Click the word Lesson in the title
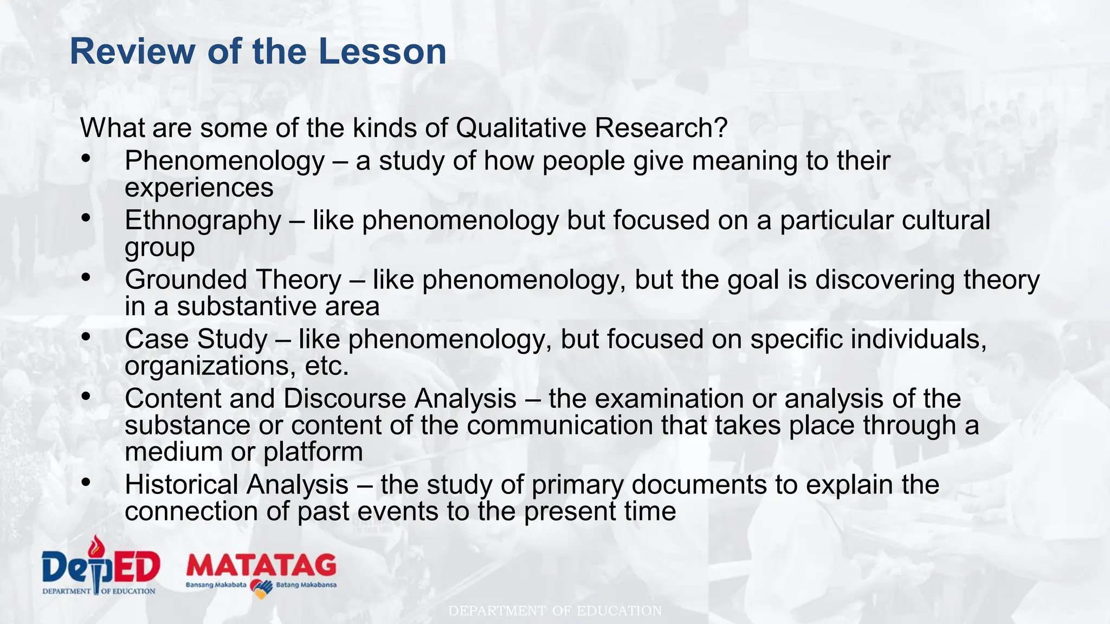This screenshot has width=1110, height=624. click(382, 51)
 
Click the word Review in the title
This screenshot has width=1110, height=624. click(132, 51)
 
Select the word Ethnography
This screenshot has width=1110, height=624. click(203, 220)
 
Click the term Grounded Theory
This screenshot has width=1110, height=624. click(233, 280)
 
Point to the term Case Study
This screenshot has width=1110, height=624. click(196, 340)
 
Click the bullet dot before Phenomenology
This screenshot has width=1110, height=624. click(86, 159)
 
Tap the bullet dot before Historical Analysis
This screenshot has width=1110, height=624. click(86, 482)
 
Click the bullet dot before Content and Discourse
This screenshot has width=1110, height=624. click(86, 396)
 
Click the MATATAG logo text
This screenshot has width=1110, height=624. click(261, 566)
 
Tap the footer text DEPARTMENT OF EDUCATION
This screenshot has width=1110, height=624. click(555, 611)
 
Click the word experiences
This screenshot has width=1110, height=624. click(199, 188)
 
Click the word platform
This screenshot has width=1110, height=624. click(313, 452)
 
